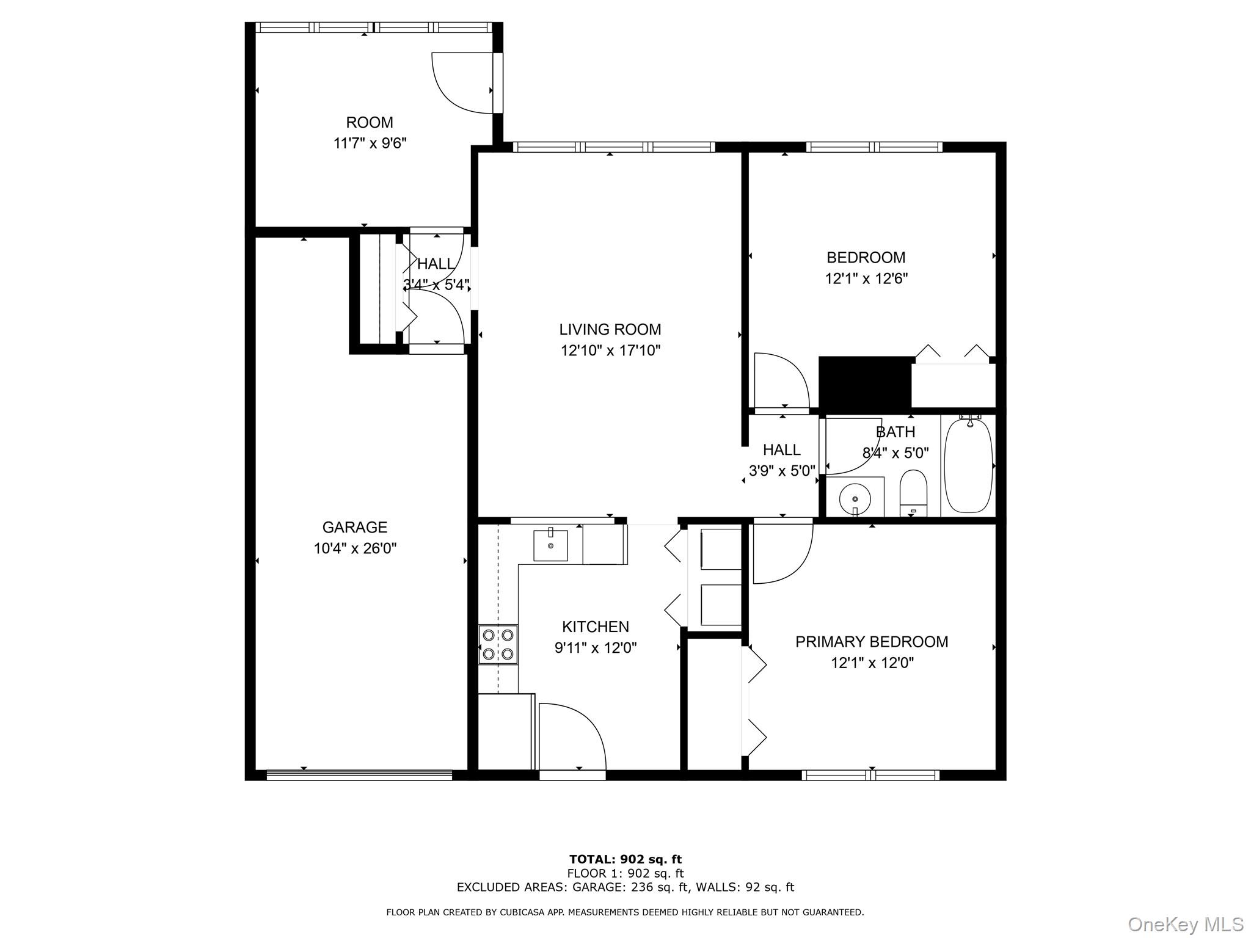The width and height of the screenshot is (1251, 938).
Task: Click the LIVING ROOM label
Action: click(x=610, y=330)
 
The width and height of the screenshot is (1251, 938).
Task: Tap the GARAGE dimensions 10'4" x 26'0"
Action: click(x=355, y=548)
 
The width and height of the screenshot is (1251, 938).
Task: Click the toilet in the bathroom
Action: click(x=913, y=492)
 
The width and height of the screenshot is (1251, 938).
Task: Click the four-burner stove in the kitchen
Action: click(x=498, y=644)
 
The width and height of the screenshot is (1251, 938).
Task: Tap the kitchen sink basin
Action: click(x=550, y=545)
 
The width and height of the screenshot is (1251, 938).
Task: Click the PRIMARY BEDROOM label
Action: click(x=871, y=642)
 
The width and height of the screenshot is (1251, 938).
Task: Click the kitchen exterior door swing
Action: click(x=571, y=736)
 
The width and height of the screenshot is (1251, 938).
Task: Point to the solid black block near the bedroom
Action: click(x=864, y=383)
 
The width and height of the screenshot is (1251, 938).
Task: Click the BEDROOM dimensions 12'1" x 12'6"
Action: click(x=866, y=279)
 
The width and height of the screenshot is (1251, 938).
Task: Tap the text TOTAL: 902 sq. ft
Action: click(x=625, y=860)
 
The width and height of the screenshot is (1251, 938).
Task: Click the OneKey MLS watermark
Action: click(x=1185, y=924)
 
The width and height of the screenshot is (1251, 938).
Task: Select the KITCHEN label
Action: click(x=595, y=627)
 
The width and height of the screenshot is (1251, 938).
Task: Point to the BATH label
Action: click(x=895, y=432)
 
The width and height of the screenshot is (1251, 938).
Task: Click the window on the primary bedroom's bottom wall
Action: click(x=870, y=776)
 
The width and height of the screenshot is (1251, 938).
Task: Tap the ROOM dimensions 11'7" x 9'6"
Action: click(x=370, y=144)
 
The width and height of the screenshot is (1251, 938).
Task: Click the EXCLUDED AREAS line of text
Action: click(x=625, y=887)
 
